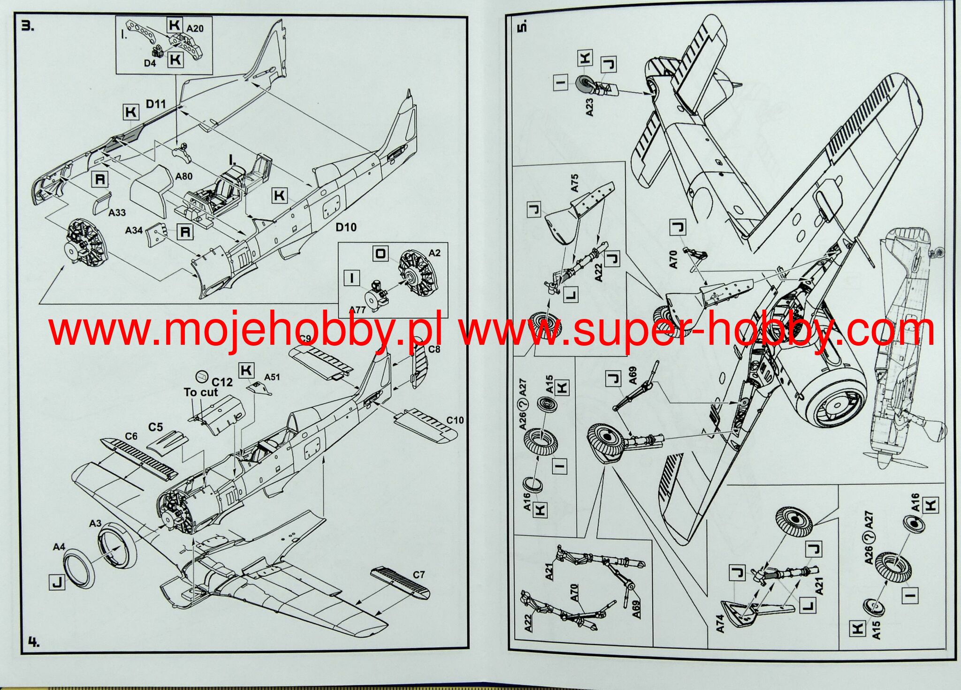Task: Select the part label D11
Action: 156,103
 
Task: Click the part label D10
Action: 346,227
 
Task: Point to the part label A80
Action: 184,176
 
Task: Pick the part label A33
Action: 117,212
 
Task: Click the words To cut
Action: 201,392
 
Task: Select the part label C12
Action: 222,382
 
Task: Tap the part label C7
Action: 419,575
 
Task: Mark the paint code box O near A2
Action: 381,254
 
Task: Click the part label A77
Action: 358,310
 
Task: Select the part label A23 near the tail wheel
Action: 589,107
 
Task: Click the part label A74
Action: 720,624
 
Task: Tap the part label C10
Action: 455,420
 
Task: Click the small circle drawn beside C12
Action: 202,375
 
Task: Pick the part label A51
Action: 272,377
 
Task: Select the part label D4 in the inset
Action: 150,62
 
